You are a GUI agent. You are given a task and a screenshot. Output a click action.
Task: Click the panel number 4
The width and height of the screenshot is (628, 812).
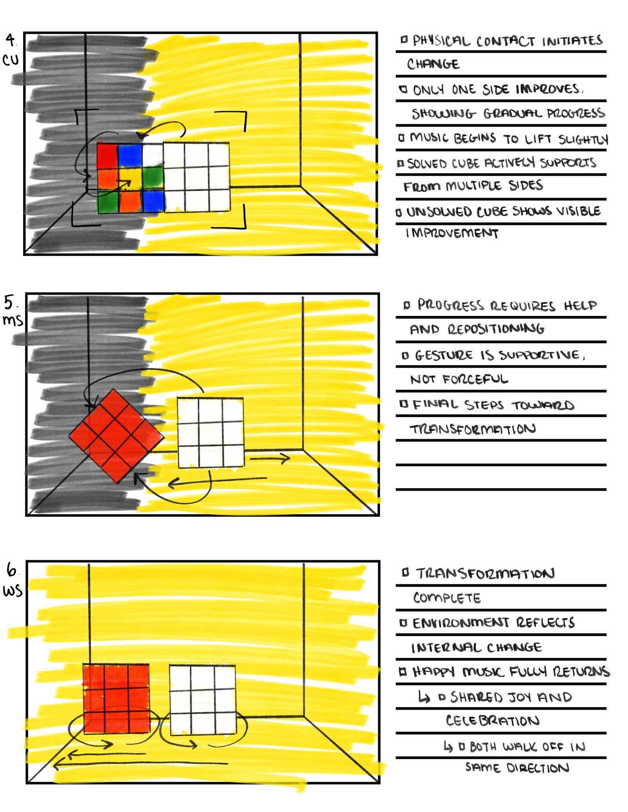point(11,40)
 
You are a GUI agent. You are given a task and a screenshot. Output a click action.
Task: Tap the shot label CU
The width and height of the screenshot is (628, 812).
point(11,60)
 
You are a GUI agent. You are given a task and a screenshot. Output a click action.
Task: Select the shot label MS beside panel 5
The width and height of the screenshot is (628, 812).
point(13,320)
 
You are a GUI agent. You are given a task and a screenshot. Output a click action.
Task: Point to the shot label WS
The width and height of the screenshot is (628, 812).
point(13,590)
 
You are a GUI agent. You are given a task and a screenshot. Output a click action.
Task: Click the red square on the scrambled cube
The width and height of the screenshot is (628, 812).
point(107,156)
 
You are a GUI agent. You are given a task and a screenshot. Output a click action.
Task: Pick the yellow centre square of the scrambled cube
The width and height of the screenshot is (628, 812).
point(131,178)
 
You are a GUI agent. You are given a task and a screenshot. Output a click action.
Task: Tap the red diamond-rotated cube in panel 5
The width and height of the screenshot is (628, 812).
point(116,436)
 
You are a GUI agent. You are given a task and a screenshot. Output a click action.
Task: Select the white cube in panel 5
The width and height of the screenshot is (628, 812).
point(211,432)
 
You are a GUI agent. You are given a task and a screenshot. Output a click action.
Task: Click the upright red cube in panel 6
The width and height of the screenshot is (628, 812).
point(116,698)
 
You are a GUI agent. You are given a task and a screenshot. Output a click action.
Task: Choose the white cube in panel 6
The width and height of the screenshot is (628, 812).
point(203,699)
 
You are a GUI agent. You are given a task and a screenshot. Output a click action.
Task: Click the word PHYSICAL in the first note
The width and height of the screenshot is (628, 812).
point(441,41)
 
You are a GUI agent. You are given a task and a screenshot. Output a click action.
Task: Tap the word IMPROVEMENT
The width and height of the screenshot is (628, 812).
point(452,233)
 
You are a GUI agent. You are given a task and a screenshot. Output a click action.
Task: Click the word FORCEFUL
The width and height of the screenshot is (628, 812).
point(475,379)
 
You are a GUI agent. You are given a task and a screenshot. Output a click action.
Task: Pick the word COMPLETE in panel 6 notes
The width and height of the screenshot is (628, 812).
point(447,598)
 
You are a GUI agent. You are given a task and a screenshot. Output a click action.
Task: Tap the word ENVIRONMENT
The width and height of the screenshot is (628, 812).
point(460,623)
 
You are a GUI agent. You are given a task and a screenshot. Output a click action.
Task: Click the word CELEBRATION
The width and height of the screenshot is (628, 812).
point(493,721)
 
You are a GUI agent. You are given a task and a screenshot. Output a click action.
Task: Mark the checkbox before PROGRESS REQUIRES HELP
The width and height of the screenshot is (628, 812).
point(407,305)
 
